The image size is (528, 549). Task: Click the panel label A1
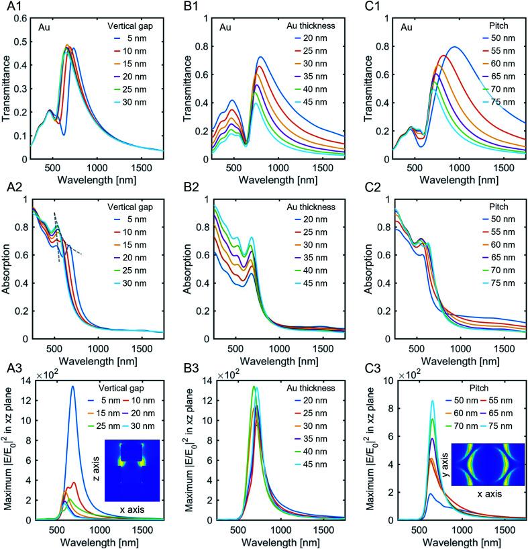click(x=10, y=8)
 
